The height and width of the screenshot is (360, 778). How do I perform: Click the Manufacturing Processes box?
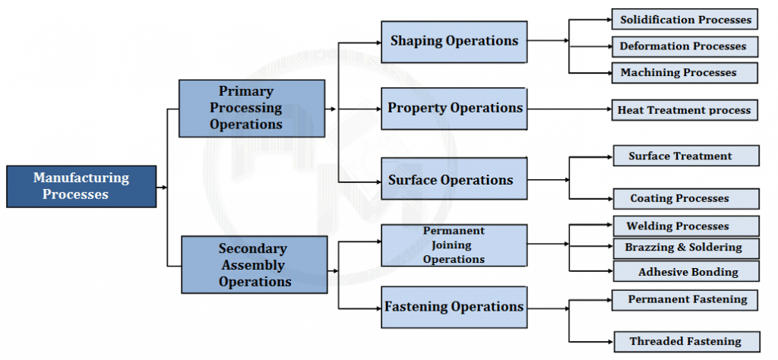coord(81,186)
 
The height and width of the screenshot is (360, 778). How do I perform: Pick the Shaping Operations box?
coord(454,41)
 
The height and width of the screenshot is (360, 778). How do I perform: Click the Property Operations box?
coord(454,108)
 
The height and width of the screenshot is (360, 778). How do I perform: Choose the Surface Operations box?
coord(454,179)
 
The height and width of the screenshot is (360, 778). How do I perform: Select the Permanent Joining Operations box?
coord(454,245)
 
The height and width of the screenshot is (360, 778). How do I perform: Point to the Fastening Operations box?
coord(454,307)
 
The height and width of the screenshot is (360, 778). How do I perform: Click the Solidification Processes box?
coord(685,20)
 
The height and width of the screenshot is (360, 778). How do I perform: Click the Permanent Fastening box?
coord(685,300)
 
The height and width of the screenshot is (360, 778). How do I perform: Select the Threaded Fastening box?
coord(685,342)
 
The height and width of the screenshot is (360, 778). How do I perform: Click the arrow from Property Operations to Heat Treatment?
coord(570,110)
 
